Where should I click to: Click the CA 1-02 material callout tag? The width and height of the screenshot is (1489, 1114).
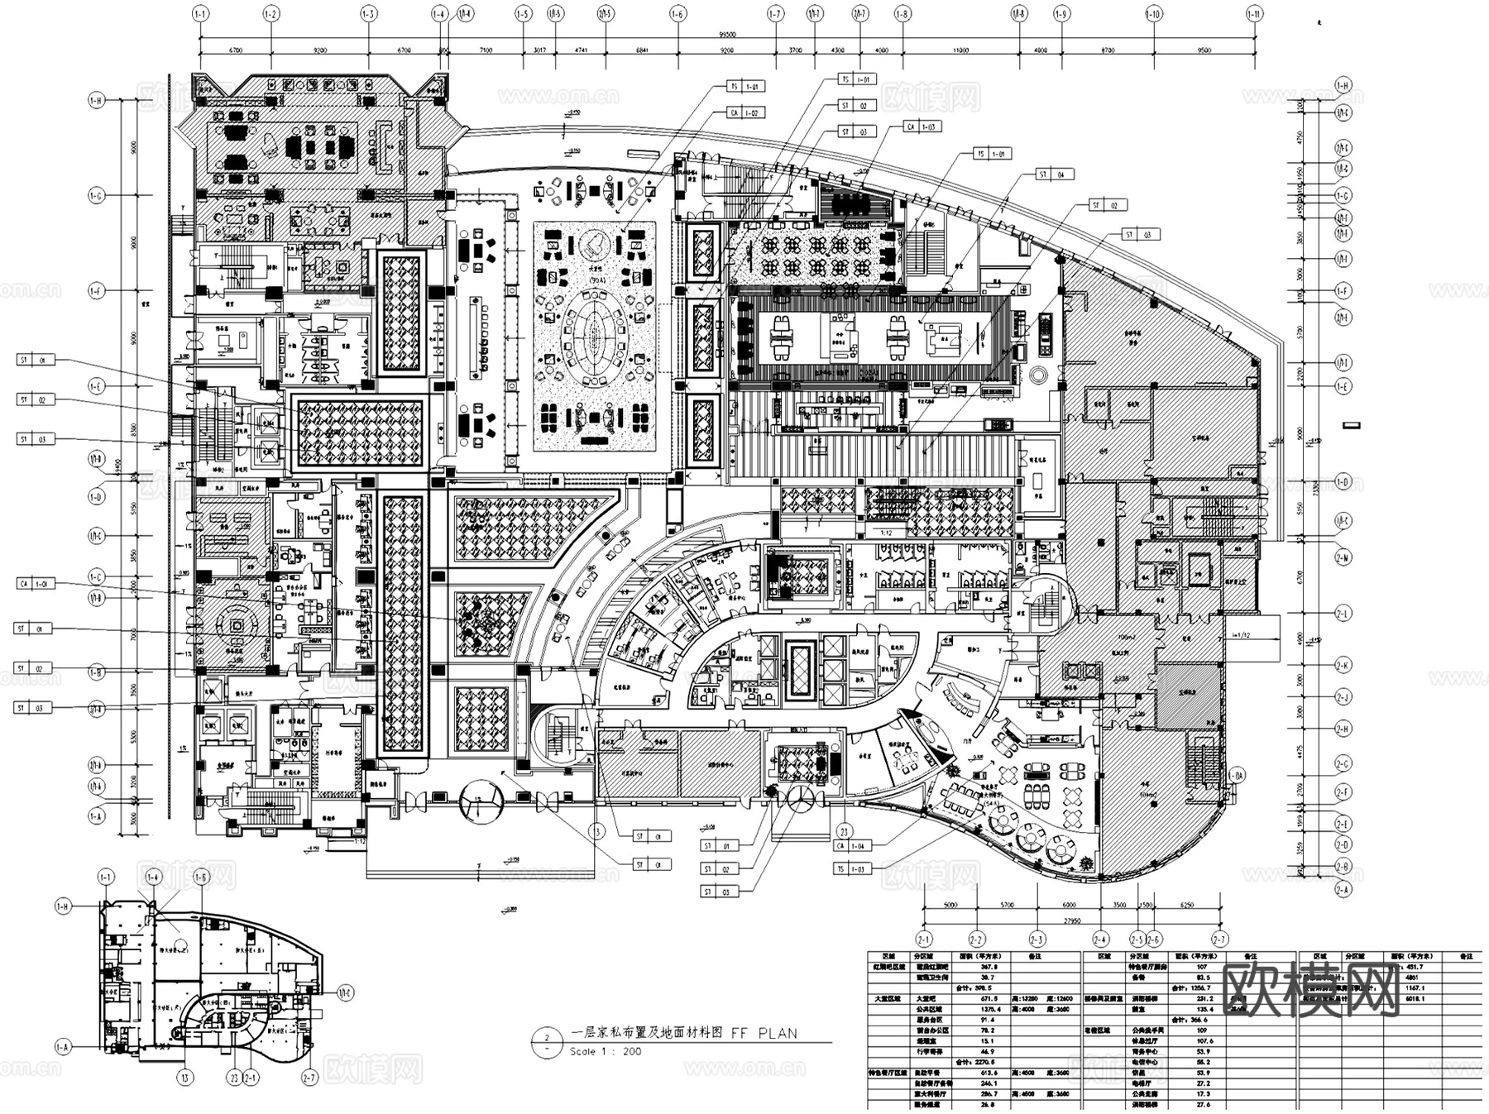[744, 113]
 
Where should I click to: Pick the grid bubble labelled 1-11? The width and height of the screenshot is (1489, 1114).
[1254, 14]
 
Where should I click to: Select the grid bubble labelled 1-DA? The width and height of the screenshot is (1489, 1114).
[1236, 776]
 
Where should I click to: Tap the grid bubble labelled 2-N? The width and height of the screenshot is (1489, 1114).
[1343, 558]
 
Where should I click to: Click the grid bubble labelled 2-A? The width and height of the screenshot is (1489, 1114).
[1343, 890]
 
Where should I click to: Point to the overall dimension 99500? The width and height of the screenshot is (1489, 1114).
[727, 36]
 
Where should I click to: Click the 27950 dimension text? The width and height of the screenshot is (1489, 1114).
[1071, 920]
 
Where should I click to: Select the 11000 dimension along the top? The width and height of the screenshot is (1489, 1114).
[960, 50]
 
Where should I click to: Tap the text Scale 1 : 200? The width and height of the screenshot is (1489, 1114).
[605, 1052]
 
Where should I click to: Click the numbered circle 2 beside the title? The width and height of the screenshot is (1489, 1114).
[546, 1038]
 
